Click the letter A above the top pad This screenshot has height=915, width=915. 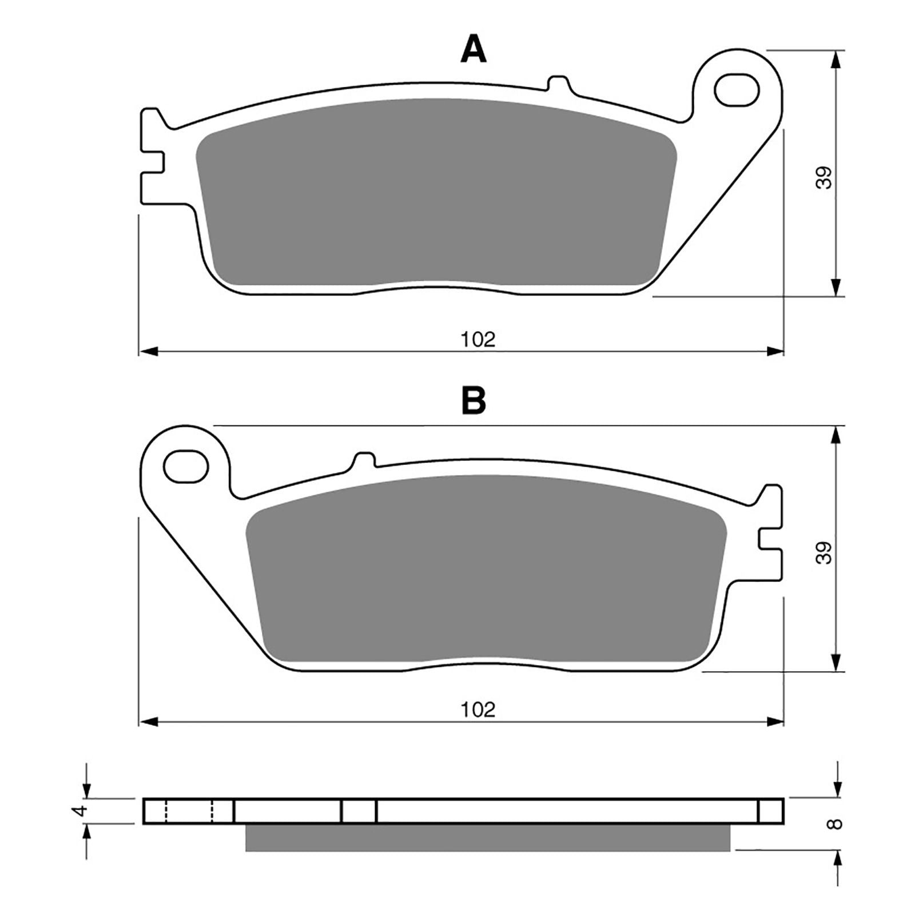click(x=474, y=50)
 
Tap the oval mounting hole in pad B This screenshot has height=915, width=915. click(x=185, y=467)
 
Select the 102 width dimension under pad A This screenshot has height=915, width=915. click(x=478, y=340)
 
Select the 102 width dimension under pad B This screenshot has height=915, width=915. click(x=478, y=710)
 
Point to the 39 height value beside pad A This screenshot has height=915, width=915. click(x=824, y=178)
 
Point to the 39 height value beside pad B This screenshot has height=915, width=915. click(x=824, y=552)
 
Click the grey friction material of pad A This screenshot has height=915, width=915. click(x=435, y=192)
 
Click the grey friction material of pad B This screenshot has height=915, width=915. click(x=486, y=566)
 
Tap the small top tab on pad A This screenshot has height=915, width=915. click(x=559, y=83)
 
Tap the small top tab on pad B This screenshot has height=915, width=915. click(x=364, y=459)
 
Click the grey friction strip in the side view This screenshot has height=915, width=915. click(x=486, y=837)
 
